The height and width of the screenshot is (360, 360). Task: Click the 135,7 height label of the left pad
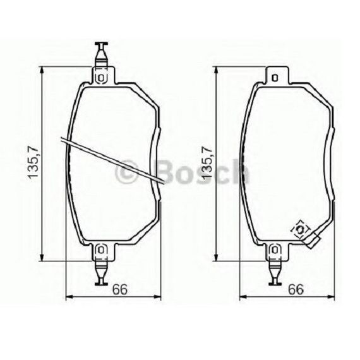[33, 162]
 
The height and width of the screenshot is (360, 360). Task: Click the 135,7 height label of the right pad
[206, 162]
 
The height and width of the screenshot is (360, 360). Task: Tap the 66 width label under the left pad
[120, 289]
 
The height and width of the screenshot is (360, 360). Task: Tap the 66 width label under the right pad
[296, 289]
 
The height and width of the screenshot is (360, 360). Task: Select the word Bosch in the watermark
[203, 172]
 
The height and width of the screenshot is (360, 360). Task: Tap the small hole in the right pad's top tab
[275, 78]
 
